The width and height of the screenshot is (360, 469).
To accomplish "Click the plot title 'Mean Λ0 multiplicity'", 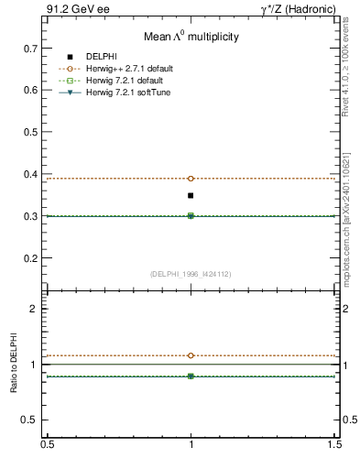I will click(191, 38).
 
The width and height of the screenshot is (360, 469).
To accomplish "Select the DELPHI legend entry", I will click(103, 57).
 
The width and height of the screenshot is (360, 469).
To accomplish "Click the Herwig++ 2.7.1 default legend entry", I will click(128, 69).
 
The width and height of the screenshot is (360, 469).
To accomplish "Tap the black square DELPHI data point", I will click(191, 195).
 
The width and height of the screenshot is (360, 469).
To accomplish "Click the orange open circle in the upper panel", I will click(191, 179).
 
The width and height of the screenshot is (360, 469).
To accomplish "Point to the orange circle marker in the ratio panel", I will click(191, 355).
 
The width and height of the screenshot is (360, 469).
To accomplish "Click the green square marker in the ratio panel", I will click(191, 376).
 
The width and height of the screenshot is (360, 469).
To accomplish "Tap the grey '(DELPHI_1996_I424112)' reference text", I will click(191, 273).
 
